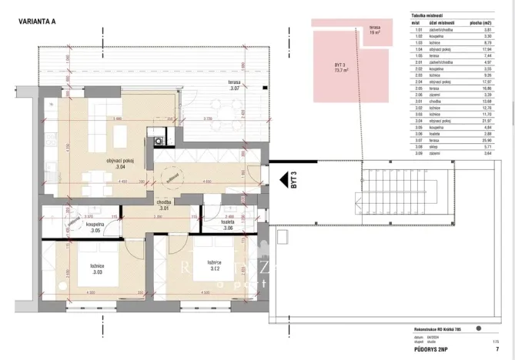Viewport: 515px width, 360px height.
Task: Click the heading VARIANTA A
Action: [35, 22]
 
